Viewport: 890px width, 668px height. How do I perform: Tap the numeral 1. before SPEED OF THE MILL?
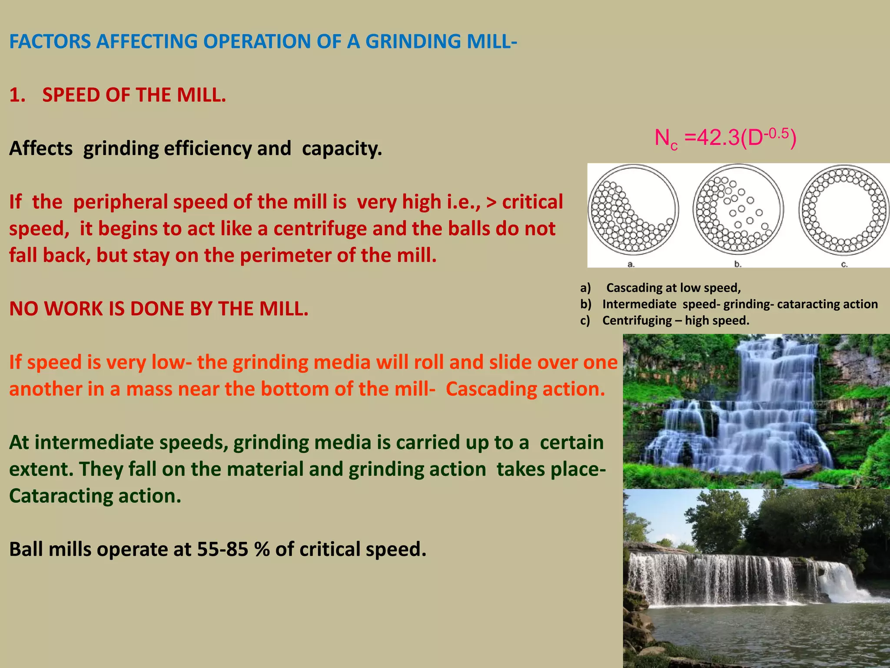[17, 95]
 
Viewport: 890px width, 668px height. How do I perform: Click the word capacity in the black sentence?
[342, 148]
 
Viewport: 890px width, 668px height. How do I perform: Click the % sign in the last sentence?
[262, 549]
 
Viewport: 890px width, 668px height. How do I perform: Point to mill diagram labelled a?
[633, 210]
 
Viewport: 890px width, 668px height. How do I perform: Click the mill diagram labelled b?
[738, 210]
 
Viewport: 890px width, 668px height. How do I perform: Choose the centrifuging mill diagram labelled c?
[844, 210]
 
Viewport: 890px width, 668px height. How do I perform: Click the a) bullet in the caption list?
[585, 288]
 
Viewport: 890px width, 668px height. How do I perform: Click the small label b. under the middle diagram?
[737, 264]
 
